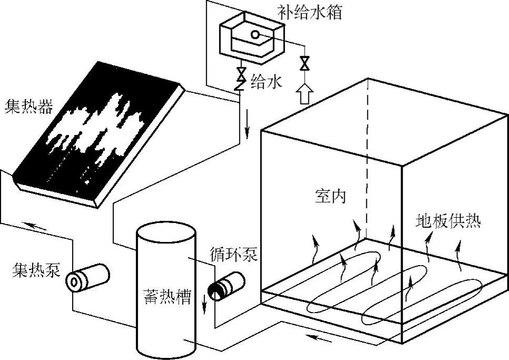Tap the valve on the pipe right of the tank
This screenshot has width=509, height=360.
point(304,64)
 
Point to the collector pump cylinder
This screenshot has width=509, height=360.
point(87,277)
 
